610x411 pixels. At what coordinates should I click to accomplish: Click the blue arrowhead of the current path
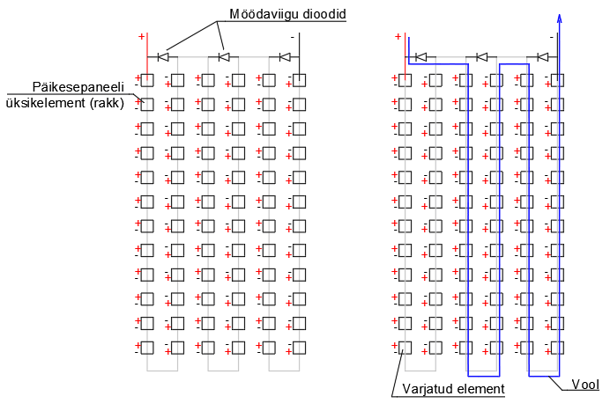559,19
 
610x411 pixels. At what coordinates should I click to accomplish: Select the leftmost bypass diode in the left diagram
163,57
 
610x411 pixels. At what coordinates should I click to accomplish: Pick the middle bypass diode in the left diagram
224,57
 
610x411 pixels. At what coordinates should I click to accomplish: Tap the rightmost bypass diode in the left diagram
285,57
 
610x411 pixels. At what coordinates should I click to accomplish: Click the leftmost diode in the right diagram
421,57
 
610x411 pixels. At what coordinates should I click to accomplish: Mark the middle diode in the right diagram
482,57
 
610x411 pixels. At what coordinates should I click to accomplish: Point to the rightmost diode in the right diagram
543,57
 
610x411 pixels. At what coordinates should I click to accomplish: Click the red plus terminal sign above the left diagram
140,37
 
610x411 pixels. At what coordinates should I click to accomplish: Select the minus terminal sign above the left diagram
293,37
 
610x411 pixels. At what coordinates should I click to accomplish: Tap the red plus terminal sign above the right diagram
398,37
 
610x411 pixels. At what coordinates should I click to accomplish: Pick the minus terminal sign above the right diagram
551,38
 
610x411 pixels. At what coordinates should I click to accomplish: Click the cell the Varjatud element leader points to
405,348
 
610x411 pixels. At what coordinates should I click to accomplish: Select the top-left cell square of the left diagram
147,80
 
